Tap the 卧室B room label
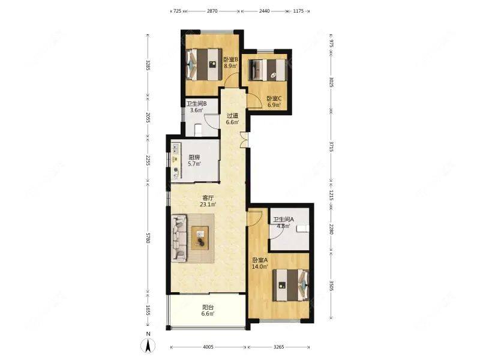230,59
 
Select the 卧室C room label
274,98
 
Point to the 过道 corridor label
232,116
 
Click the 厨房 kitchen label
194,157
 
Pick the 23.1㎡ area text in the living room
208,205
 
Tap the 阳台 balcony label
208,307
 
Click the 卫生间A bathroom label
283,220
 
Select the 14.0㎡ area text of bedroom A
260,266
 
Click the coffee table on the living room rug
200,238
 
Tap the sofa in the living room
179,238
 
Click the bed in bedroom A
290,285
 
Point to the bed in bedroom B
204,65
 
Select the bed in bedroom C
268,70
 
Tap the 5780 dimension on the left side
148,238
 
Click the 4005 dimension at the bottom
208,347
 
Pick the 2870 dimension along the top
212,11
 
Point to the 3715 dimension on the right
331,146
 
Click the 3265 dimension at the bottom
278,347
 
